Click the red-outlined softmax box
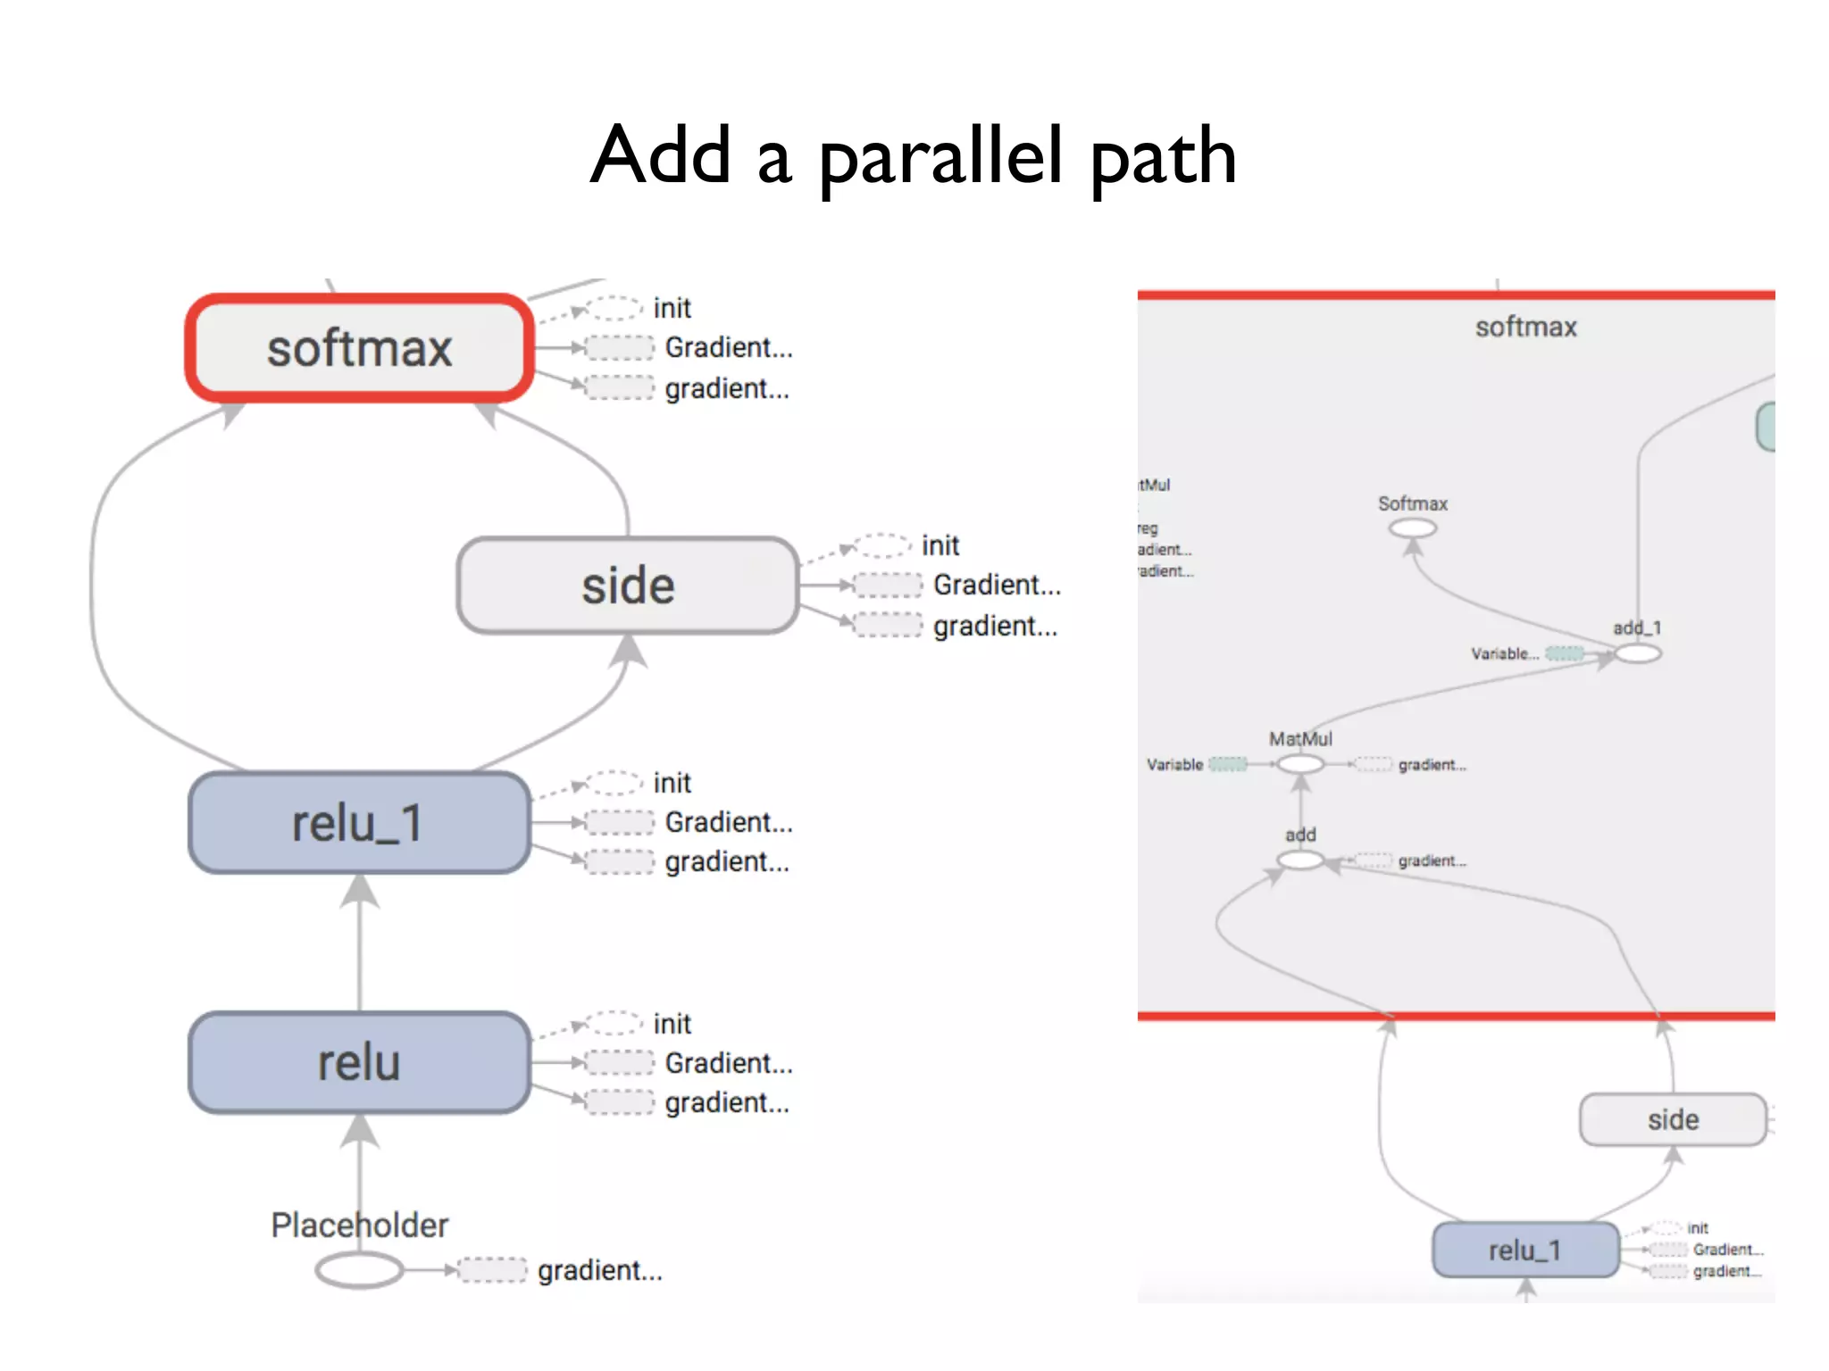(359, 347)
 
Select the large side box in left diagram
(627, 586)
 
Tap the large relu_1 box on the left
(359, 823)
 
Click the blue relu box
(359, 1062)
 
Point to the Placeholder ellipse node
(359, 1269)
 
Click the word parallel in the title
(940, 156)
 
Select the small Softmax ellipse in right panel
(1412, 528)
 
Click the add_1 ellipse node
(1637, 653)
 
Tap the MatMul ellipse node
(1300, 764)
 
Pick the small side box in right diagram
(1672, 1119)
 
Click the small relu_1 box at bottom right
(1524, 1251)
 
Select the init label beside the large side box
(940, 544)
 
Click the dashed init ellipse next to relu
(614, 1023)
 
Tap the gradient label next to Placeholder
(600, 1270)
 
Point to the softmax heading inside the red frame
(1525, 327)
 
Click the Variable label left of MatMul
(1173, 765)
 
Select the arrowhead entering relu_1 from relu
(360, 890)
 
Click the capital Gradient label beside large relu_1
(728, 822)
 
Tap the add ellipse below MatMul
(1300, 860)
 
